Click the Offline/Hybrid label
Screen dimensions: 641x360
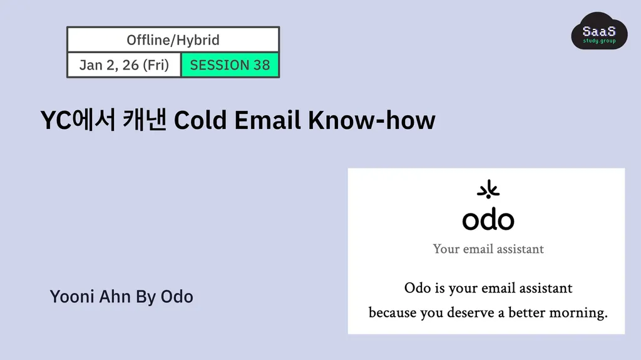(x=173, y=40)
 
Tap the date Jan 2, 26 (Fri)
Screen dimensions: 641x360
(x=124, y=65)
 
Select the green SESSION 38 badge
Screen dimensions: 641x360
(x=230, y=65)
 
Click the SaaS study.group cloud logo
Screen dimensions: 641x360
(x=599, y=31)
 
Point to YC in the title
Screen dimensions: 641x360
(x=56, y=121)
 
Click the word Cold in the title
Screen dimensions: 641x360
(x=200, y=120)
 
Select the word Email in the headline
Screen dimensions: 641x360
(x=267, y=120)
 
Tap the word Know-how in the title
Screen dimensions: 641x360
(x=372, y=120)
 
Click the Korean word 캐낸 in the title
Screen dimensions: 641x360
(x=145, y=120)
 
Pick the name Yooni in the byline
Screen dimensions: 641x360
(x=72, y=297)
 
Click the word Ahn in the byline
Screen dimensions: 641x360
(x=115, y=297)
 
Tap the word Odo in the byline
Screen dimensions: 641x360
(x=177, y=297)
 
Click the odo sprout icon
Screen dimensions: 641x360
(x=488, y=190)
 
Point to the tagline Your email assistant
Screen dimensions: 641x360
(x=488, y=249)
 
